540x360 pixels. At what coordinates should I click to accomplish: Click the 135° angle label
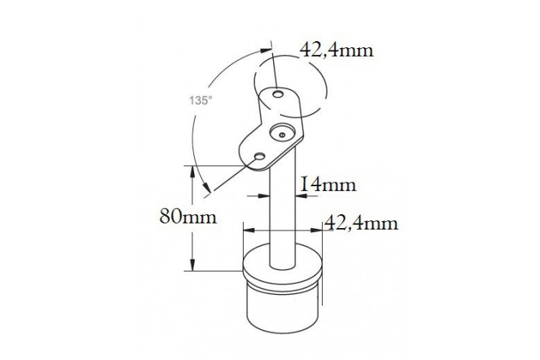[x=200, y=101]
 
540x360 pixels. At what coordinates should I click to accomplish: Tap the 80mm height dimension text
[x=189, y=217]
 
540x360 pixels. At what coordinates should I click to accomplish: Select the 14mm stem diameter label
[x=328, y=185]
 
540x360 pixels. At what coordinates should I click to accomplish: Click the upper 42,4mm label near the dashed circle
[x=337, y=50]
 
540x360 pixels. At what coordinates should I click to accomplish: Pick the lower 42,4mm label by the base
[x=362, y=223]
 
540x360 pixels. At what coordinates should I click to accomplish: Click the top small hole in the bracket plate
[x=278, y=94]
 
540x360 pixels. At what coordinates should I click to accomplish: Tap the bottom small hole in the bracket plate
[x=259, y=157]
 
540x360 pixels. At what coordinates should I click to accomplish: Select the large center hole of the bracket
[x=282, y=132]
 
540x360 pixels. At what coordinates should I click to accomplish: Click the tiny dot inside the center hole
[x=282, y=135]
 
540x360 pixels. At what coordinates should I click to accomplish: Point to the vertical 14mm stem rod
[x=282, y=206]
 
